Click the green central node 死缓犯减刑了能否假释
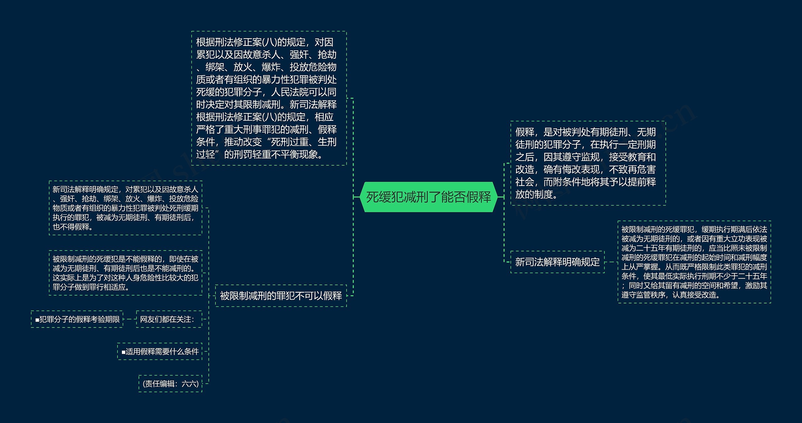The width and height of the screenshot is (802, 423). [429, 197]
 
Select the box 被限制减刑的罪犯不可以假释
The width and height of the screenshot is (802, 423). [281, 296]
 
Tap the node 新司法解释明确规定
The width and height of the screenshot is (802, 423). [557, 262]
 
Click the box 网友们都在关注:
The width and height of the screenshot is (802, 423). [169, 319]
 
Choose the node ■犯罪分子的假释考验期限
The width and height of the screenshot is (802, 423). [77, 319]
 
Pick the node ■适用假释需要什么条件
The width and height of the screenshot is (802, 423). [160, 351]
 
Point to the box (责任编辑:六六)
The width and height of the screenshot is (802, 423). [170, 384]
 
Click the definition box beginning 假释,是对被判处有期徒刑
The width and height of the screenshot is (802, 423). [588, 163]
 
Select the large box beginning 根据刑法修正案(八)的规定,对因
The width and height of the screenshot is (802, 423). [269, 98]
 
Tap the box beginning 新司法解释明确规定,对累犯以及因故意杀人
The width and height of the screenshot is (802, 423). [125, 208]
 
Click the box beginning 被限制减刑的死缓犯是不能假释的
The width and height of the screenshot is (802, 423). [125, 273]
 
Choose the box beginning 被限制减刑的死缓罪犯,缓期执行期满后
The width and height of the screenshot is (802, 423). [694, 262]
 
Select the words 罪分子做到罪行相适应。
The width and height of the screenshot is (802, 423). [91, 287]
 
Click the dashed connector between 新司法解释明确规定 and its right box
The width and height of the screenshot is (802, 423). [611, 262]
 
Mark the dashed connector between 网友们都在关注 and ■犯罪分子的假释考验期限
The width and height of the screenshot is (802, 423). [129, 319]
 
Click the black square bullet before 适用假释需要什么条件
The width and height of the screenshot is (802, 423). [123, 352]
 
